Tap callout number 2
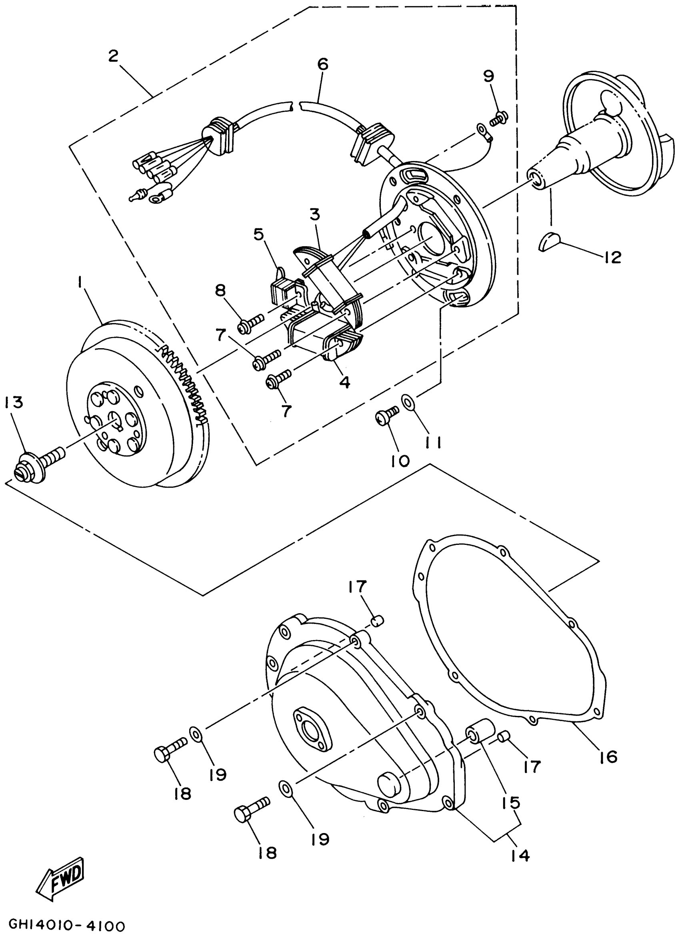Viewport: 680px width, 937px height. coord(113,56)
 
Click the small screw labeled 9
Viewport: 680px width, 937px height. coord(499,119)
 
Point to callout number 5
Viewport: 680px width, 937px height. coord(258,234)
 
